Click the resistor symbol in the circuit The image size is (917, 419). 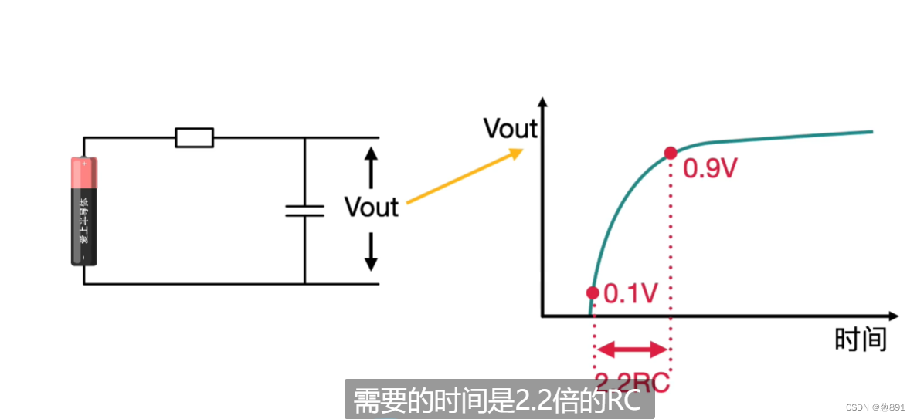point(195,138)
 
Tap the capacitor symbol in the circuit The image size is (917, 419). point(304,211)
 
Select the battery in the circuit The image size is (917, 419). point(84,211)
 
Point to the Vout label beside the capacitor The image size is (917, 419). point(371,207)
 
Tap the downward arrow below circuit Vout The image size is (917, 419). point(371,252)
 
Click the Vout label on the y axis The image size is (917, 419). point(510,129)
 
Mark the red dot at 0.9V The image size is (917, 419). point(670,153)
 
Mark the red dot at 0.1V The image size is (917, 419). point(593,292)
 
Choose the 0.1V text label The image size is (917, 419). point(630,293)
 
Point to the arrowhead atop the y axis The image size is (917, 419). point(543,103)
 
